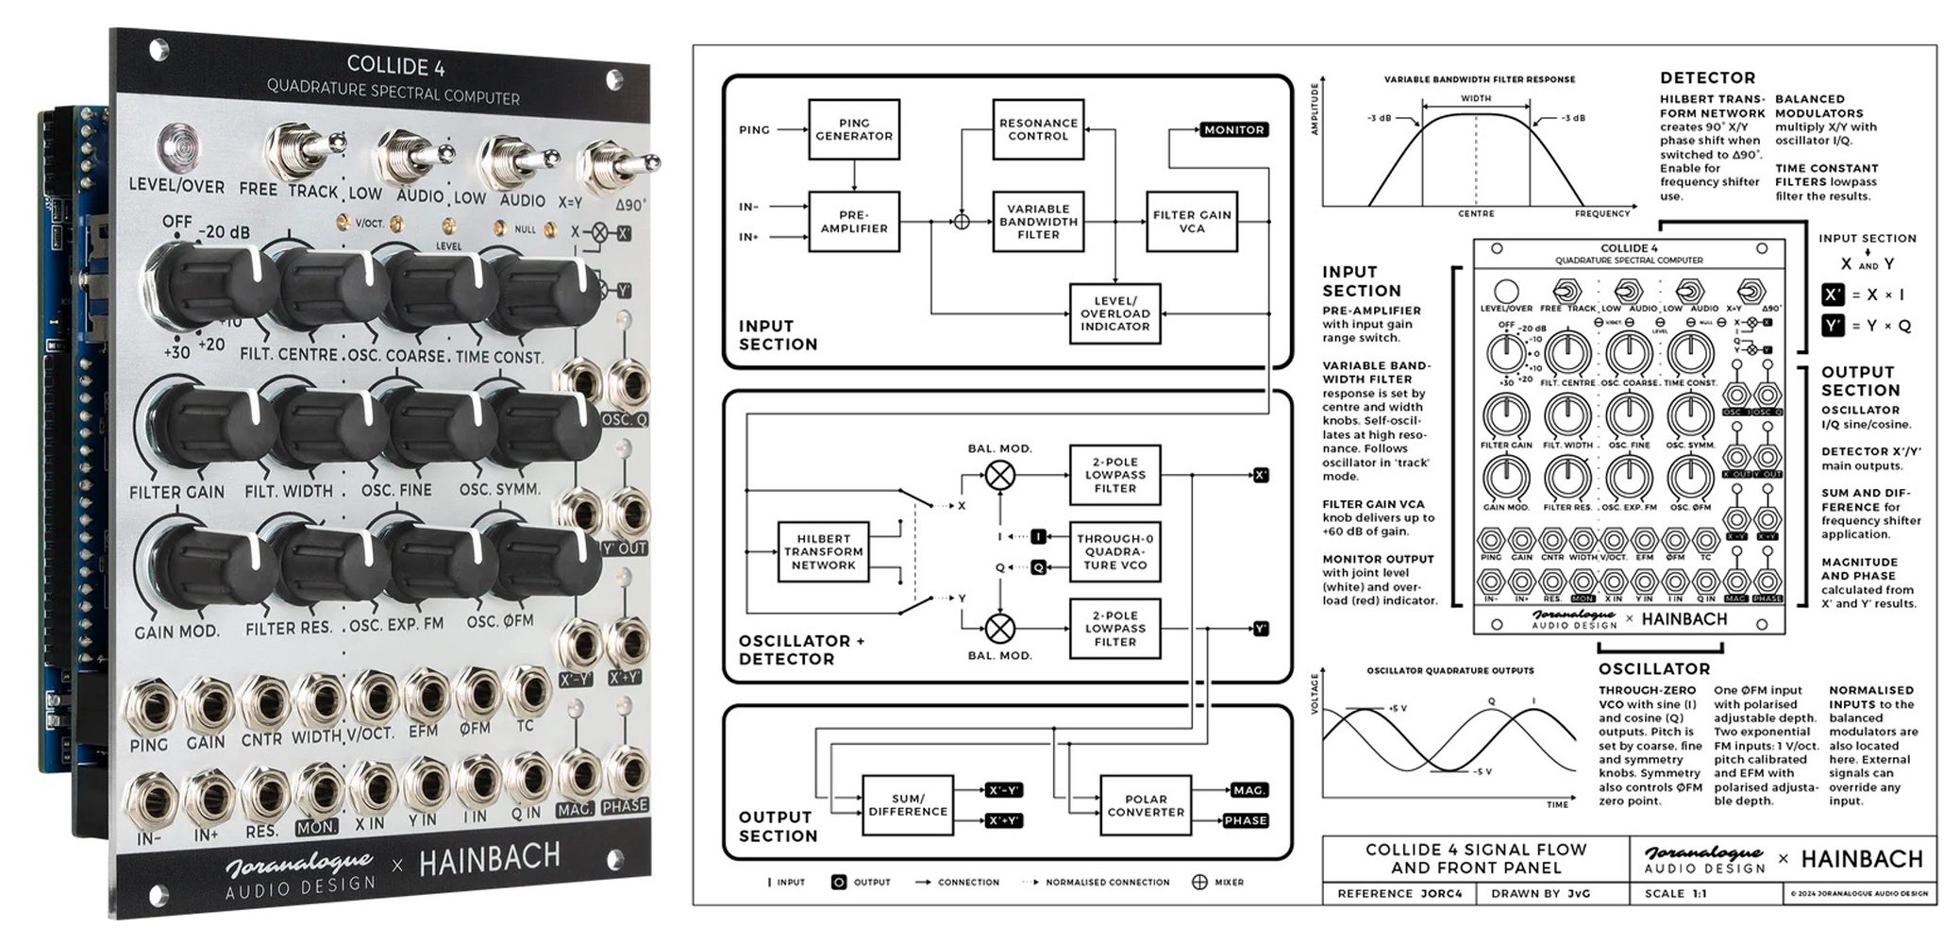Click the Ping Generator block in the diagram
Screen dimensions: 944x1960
tap(853, 130)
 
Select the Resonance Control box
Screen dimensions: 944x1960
tap(1037, 130)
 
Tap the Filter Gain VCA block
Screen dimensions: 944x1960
tap(1191, 222)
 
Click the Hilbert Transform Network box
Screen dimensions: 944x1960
tap(823, 552)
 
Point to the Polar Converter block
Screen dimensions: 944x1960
tap(1145, 805)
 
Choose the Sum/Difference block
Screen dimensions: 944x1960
tap(907, 805)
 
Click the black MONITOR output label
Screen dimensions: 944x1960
tap(1233, 130)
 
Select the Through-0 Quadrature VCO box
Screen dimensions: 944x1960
tap(1114, 552)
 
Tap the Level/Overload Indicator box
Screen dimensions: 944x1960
tap(1114, 313)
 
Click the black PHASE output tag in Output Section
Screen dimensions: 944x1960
tap(1245, 820)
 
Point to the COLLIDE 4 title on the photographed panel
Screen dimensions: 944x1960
tap(395, 66)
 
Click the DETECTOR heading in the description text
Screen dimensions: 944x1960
tap(1707, 78)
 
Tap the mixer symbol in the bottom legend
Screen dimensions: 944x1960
tap(1199, 882)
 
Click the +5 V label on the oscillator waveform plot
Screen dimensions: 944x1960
tap(1398, 708)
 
